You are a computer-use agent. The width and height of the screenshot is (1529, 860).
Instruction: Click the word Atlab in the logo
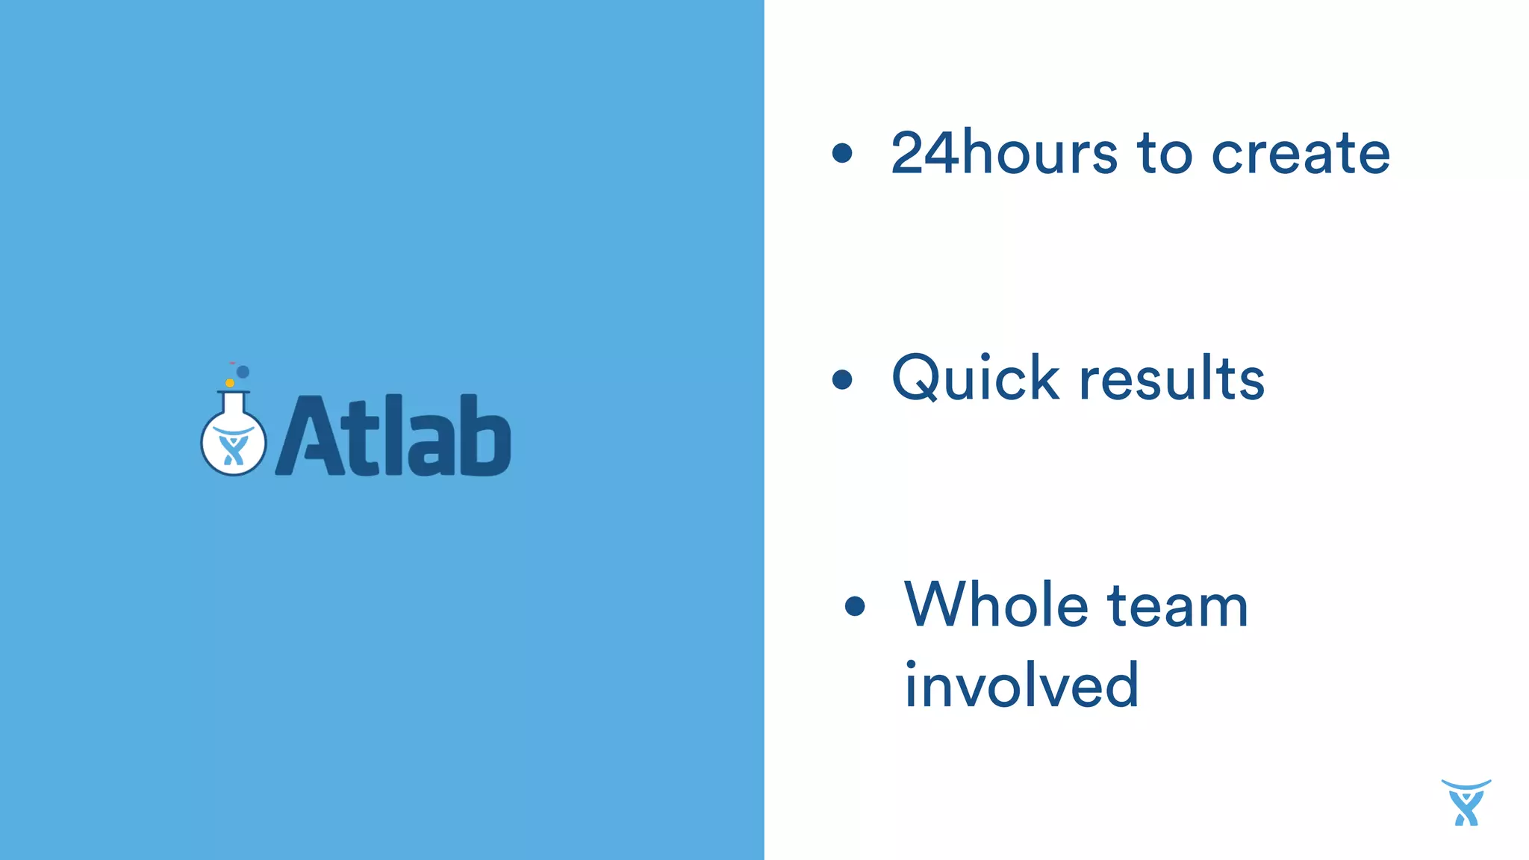[393, 436]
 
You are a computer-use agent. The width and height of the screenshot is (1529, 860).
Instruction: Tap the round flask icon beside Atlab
[234, 440]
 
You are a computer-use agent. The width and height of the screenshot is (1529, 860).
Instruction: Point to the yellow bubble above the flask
[230, 383]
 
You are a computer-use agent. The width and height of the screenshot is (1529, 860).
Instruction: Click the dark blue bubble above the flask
[243, 372]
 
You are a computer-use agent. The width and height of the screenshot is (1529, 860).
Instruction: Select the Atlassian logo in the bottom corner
[1466, 803]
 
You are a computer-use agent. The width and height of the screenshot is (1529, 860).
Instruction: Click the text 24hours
[1004, 153]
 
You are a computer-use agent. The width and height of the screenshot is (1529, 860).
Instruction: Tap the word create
[1300, 153]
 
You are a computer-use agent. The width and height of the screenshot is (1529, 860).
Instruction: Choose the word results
[1172, 378]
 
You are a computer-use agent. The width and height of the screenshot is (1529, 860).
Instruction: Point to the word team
[1177, 606]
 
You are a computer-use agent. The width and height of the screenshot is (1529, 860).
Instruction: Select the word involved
[1021, 685]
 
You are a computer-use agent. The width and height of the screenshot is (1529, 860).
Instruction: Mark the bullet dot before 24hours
[842, 153]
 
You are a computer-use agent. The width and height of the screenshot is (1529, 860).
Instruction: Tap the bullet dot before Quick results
[842, 379]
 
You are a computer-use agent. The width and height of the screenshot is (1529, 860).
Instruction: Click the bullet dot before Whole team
[855, 606]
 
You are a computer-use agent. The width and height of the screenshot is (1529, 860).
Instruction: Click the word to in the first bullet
[1165, 153]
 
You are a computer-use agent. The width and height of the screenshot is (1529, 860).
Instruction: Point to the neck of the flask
[234, 404]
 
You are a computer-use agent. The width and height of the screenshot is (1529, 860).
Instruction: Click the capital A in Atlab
[311, 437]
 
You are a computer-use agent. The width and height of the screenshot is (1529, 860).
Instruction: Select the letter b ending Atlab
[485, 436]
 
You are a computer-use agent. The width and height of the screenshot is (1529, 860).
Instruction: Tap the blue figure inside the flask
[234, 449]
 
